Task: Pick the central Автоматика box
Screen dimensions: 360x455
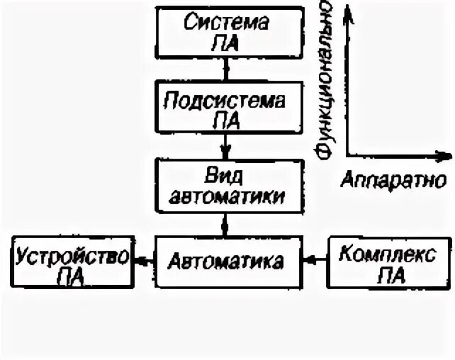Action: click(226, 262)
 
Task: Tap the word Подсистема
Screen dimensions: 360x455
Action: click(226, 99)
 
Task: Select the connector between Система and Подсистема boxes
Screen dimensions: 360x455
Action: click(226, 69)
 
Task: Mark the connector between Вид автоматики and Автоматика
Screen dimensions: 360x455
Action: click(226, 226)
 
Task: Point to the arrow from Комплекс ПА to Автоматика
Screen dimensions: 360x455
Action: click(314, 261)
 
